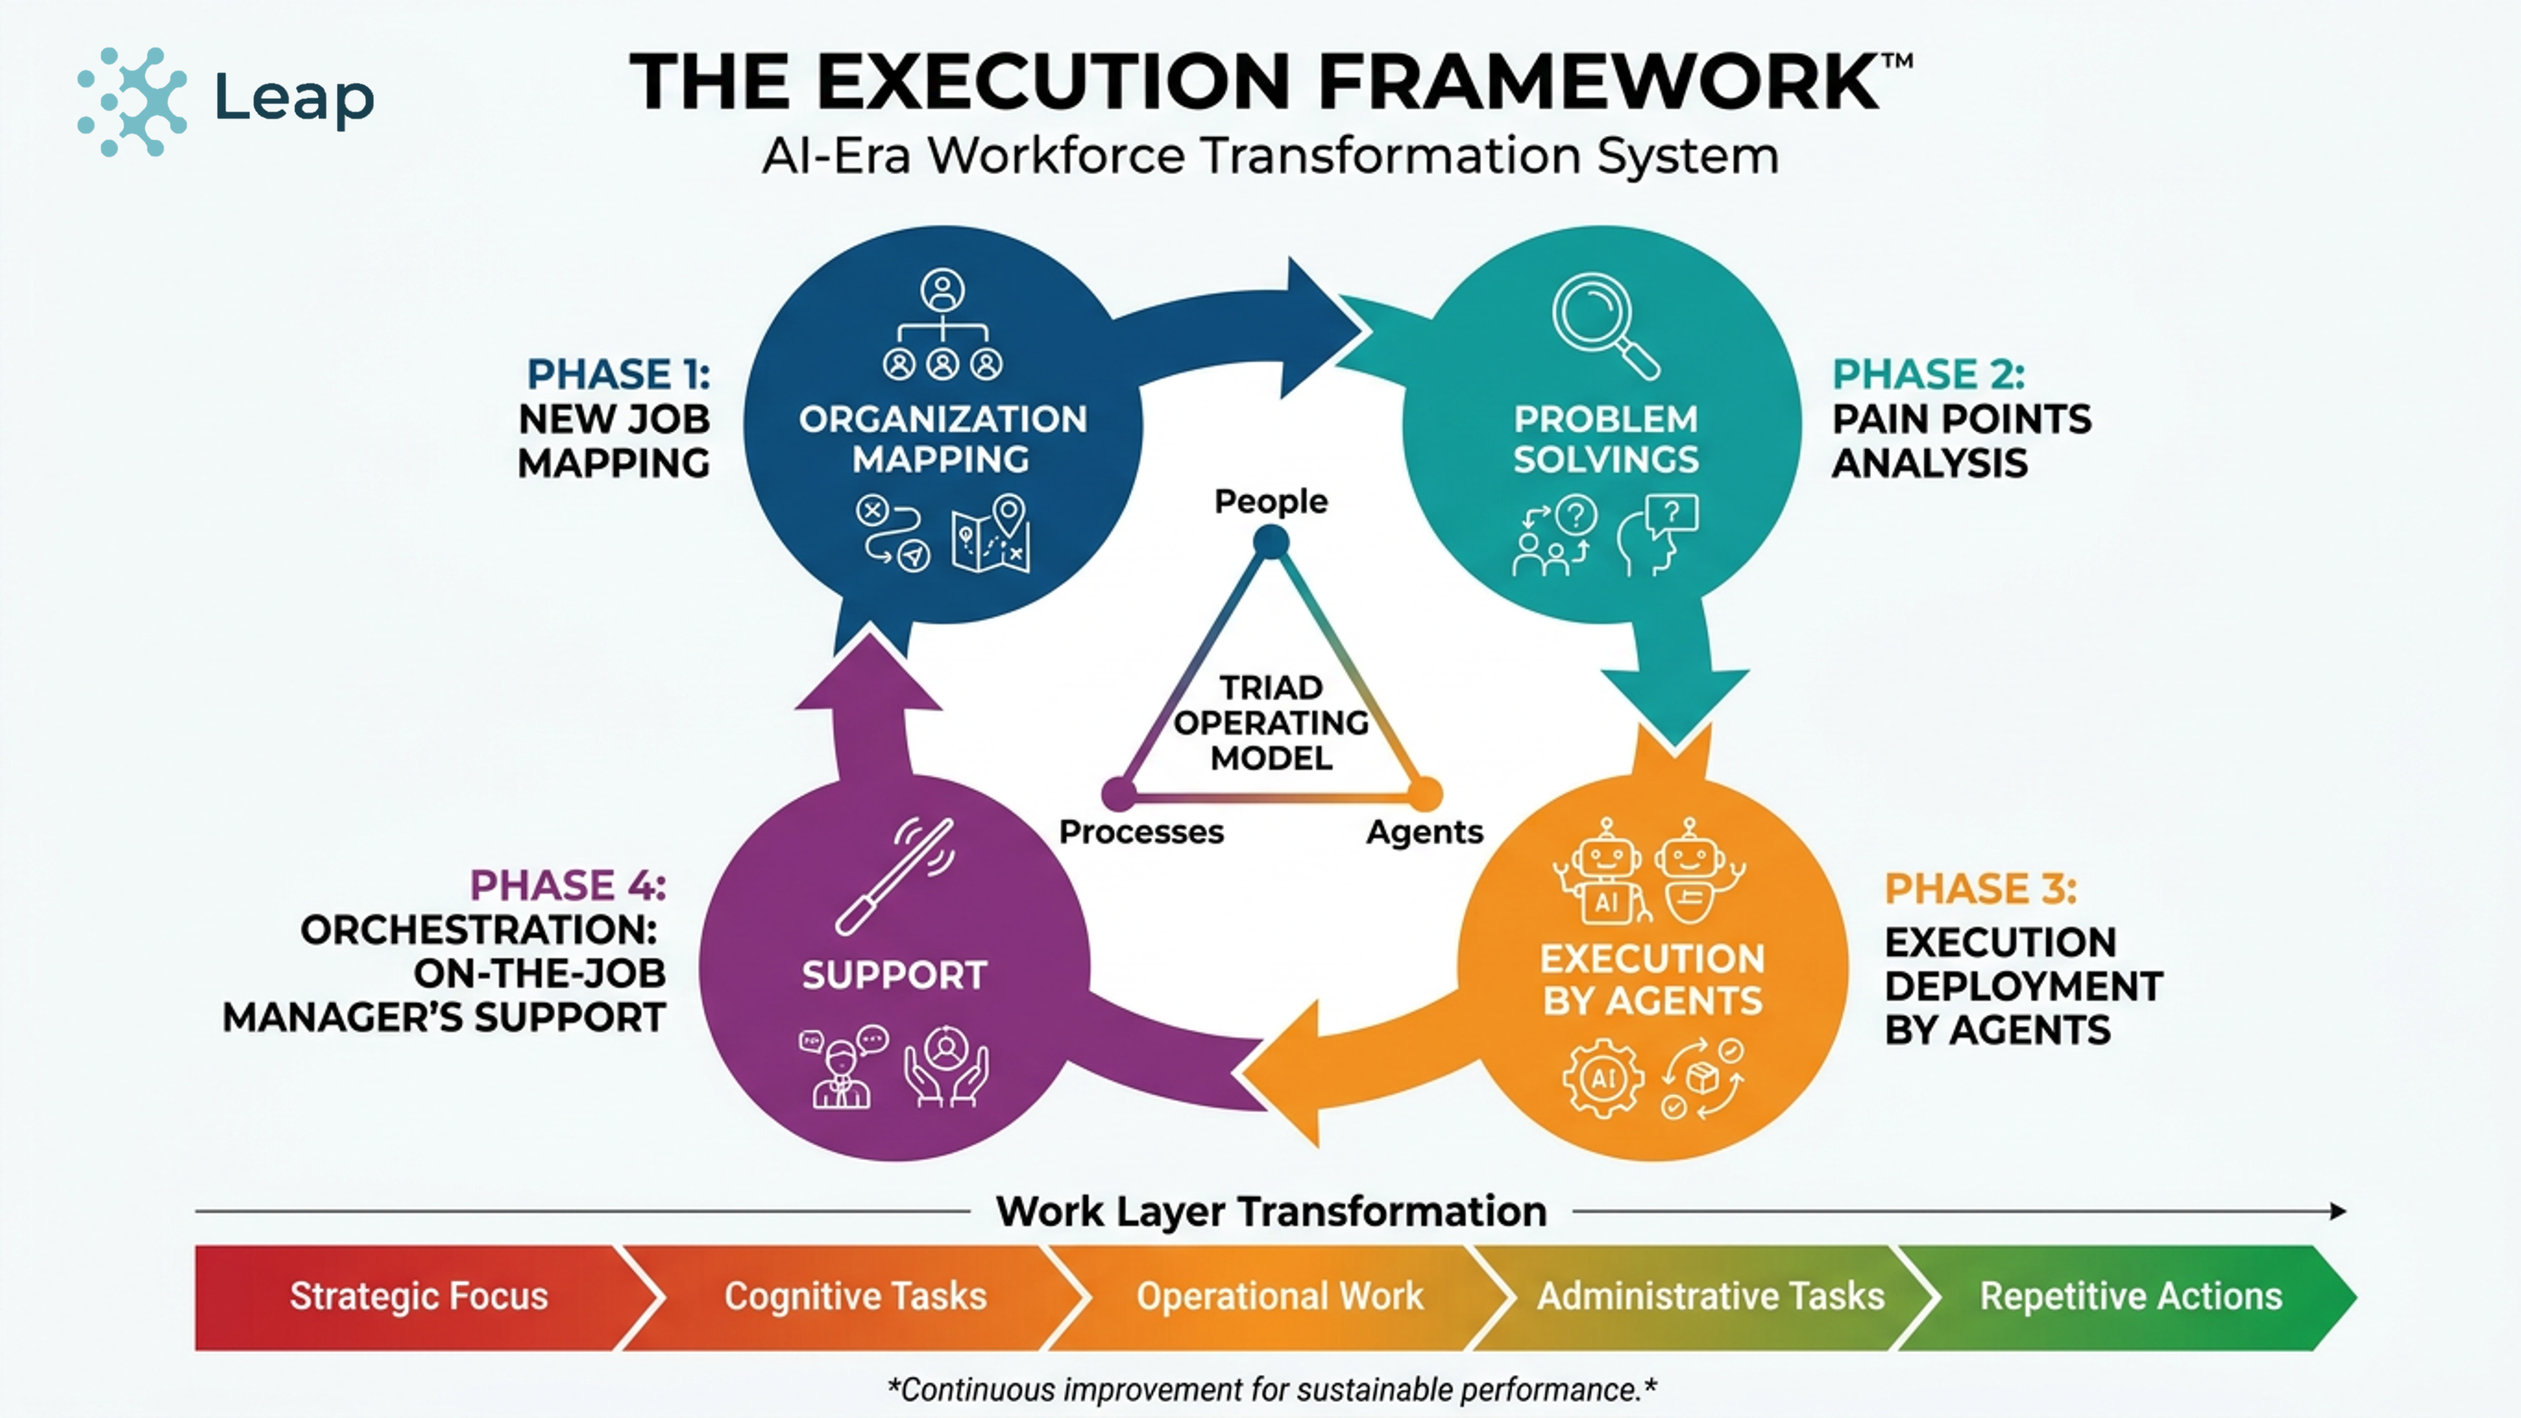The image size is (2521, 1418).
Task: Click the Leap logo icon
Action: pos(133,101)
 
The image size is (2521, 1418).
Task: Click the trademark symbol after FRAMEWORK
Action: pos(1896,62)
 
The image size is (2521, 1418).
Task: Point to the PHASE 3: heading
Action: pos(1980,889)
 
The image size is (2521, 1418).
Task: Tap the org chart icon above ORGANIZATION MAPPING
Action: pos(943,326)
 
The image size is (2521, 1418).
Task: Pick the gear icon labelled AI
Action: pos(1602,1078)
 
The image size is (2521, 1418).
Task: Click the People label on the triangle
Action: pos(1270,501)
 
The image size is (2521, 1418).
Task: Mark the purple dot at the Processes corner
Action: pos(1118,793)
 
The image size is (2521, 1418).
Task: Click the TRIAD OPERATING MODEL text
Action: pos(1270,722)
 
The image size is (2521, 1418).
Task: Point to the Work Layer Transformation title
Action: pos(1270,1212)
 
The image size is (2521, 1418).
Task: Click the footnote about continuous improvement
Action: pos(1270,1389)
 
